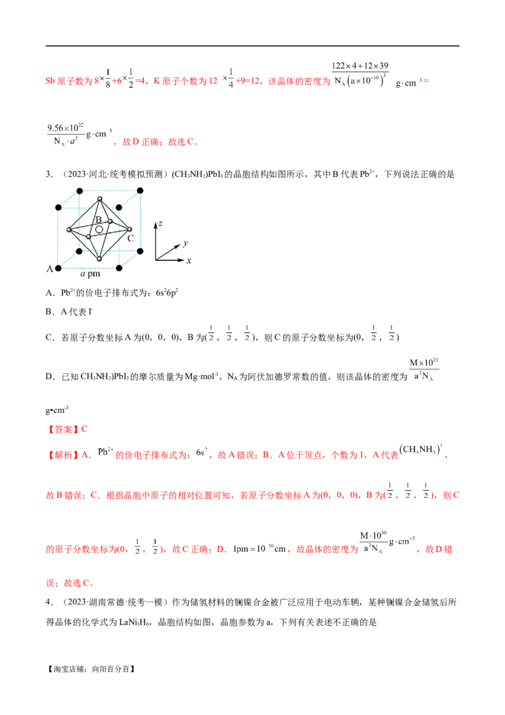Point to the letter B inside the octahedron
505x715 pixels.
(98, 219)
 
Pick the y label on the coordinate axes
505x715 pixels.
(186, 243)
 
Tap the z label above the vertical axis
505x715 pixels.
(160, 224)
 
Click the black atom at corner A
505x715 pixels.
(58, 267)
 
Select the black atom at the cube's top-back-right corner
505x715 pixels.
(140, 191)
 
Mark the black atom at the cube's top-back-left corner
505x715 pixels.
(80, 191)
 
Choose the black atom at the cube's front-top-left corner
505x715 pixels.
(58, 208)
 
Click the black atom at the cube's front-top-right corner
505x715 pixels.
(119, 208)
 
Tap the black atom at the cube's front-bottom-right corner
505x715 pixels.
(119, 268)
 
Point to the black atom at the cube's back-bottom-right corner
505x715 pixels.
(140, 251)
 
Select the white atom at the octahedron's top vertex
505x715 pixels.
(100, 198)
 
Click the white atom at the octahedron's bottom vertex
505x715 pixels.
(99, 259)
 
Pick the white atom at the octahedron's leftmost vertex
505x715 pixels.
(69, 230)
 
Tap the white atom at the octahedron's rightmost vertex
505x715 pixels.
(129, 229)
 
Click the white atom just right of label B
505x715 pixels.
(110, 221)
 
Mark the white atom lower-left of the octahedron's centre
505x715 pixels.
(88, 237)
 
